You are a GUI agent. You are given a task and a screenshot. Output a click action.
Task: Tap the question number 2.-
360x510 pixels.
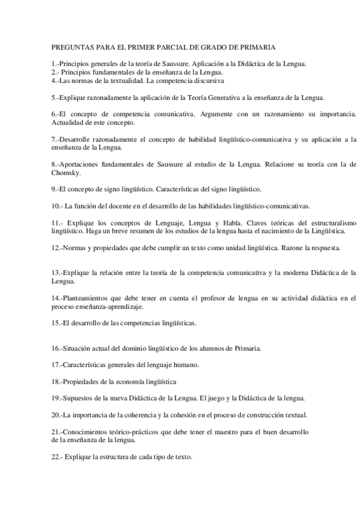tap(55, 72)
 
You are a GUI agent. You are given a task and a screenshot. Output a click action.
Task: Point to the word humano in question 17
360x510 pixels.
tap(186, 364)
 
